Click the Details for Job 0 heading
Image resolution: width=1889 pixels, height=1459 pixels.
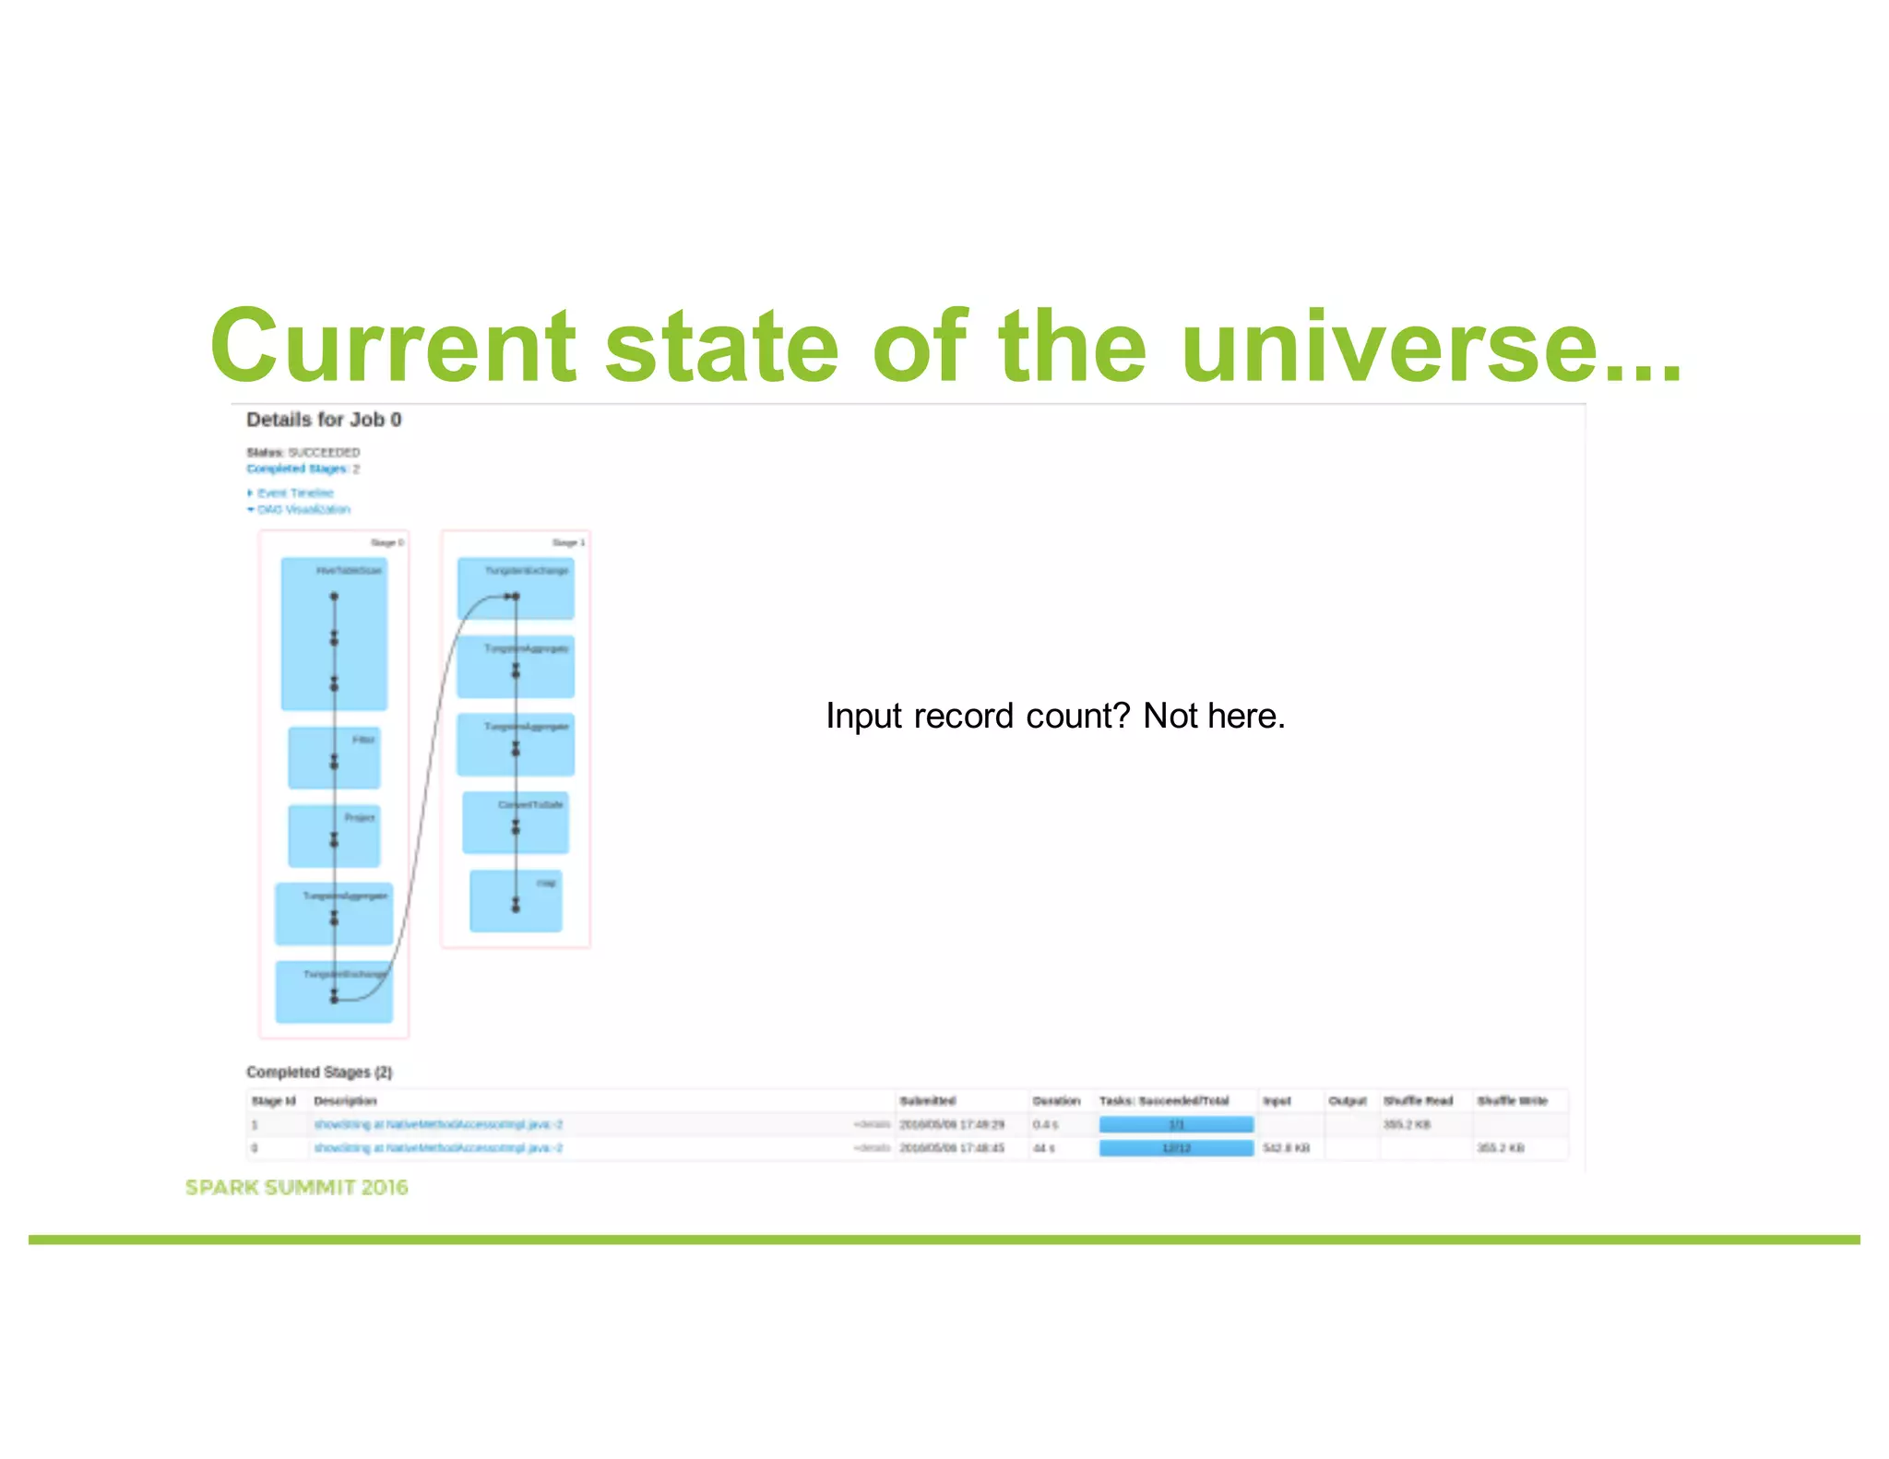pos(324,420)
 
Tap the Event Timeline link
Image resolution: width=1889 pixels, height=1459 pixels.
pos(294,493)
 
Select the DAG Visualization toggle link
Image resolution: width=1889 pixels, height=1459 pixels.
pos(303,509)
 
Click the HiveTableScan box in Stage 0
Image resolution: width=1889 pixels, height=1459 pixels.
pos(334,634)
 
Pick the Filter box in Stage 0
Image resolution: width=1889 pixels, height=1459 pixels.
pos(334,758)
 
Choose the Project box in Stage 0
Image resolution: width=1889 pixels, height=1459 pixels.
pos(334,836)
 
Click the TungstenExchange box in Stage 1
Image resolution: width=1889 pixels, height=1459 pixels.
pos(516,587)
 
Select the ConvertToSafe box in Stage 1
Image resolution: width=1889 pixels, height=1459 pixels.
pos(516,822)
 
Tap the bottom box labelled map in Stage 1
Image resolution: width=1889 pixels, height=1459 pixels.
pos(516,900)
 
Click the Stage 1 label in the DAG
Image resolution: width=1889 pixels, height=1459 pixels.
pos(568,542)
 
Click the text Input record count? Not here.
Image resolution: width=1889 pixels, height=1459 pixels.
pos(1055,716)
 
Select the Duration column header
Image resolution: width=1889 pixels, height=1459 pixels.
pos(1056,1101)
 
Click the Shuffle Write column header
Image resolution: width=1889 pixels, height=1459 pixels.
pos(1513,1101)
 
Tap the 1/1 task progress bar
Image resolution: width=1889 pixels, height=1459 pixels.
pos(1176,1124)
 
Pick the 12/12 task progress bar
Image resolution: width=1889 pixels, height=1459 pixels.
pos(1176,1148)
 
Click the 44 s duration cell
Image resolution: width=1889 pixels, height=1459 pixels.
pos(1043,1148)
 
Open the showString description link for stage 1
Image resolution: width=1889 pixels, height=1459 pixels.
pos(438,1124)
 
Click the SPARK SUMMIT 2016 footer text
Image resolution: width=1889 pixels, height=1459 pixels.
pos(296,1188)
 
